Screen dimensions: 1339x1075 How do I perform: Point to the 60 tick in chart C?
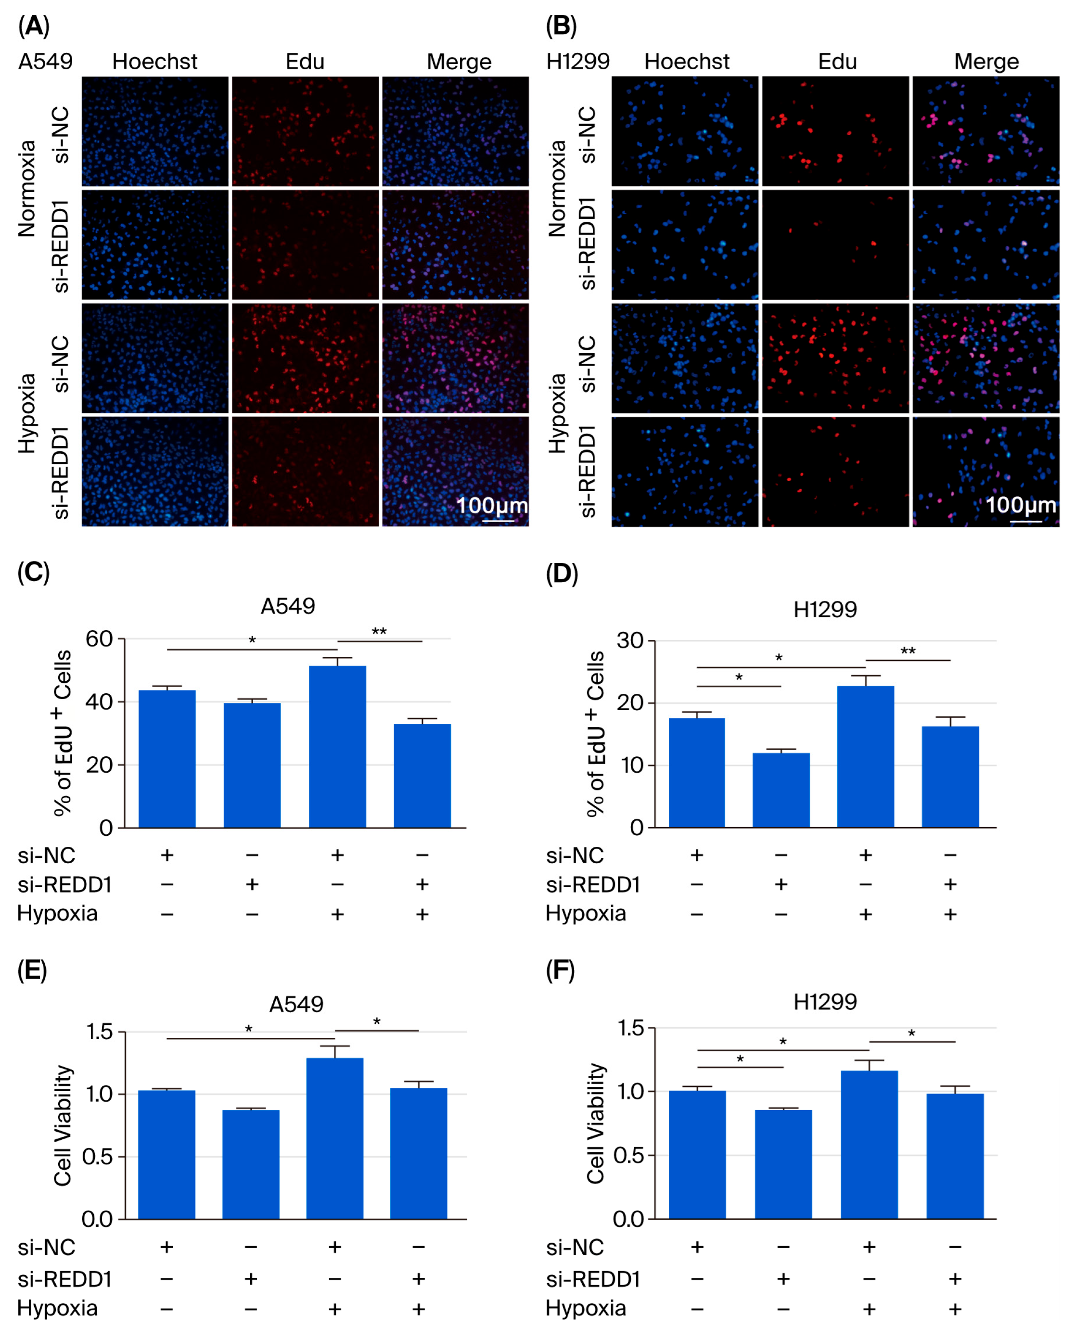99,638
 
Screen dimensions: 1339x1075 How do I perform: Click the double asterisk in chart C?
379,632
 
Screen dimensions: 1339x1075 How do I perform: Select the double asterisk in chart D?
908,651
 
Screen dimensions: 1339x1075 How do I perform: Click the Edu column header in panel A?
305,62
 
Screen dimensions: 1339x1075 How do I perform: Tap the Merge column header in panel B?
986,62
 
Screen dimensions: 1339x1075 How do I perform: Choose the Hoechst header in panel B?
686,62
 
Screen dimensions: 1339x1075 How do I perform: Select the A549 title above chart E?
296,1004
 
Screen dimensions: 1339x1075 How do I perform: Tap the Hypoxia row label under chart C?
57,914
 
